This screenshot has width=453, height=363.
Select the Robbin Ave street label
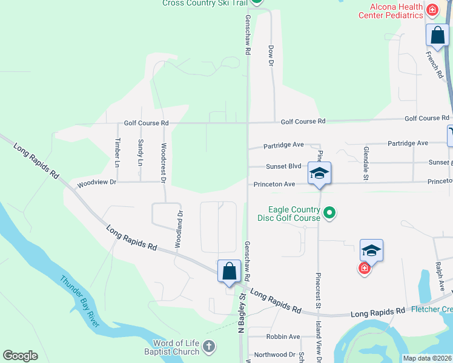[x=283, y=336]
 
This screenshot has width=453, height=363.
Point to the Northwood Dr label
[x=274, y=355]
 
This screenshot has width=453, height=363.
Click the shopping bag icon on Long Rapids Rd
[x=230, y=270]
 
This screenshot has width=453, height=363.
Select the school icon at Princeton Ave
[x=319, y=173]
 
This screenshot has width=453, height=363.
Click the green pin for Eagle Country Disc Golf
[x=329, y=212]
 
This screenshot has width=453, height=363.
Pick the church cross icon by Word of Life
[x=208, y=347]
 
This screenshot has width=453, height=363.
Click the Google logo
[x=20, y=356]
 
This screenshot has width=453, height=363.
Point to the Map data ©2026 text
[x=427, y=358]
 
